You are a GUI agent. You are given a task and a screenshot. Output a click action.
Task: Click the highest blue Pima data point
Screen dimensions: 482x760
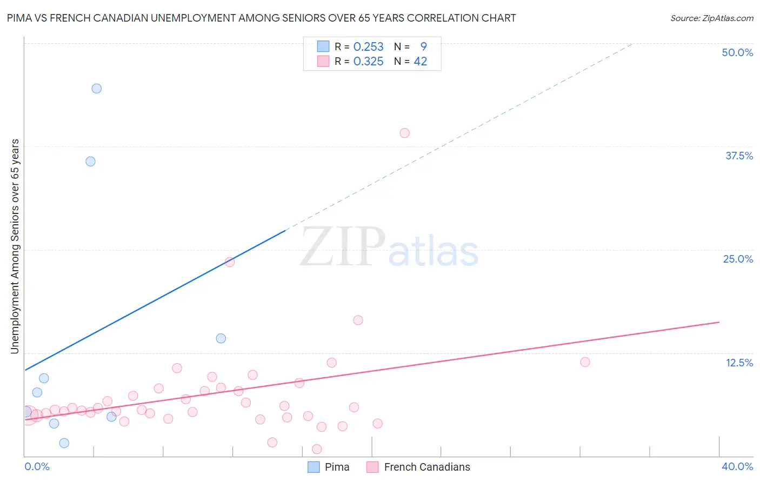tap(97, 89)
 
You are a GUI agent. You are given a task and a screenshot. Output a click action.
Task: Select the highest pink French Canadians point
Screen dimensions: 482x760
tap(405, 133)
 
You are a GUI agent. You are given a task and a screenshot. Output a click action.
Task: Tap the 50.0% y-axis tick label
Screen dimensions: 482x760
tap(737, 52)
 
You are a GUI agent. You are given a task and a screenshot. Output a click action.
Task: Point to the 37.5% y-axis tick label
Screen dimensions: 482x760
tap(739, 156)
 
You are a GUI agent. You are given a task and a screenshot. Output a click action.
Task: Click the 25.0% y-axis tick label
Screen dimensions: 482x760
tap(738, 259)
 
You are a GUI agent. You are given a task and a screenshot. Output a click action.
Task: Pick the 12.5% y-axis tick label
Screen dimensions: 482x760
tap(739, 363)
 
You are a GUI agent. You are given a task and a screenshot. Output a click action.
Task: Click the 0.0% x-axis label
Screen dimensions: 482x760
tap(37, 466)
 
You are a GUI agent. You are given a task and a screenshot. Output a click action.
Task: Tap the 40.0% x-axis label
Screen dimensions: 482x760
tap(737, 466)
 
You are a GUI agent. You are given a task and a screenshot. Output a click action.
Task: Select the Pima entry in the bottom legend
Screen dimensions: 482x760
tap(337, 467)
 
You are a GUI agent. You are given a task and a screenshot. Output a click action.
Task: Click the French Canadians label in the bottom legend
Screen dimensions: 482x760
tap(427, 467)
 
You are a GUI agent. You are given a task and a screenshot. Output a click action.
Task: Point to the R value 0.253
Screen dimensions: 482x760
tap(368, 47)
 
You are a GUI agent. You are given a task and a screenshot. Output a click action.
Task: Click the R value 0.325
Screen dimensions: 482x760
tap(368, 62)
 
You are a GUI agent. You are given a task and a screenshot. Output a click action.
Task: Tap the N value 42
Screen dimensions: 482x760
tap(421, 62)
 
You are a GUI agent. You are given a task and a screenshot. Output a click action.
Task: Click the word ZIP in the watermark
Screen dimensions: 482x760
tap(343, 247)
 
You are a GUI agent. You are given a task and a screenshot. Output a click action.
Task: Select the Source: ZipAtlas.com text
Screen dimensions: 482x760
tap(711, 18)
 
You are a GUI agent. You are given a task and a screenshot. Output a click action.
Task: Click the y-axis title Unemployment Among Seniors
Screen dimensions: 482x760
tap(15, 246)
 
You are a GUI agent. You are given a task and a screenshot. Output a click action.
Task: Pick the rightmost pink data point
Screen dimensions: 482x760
tap(585, 362)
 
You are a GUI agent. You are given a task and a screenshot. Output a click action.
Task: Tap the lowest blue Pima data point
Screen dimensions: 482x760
tap(64, 443)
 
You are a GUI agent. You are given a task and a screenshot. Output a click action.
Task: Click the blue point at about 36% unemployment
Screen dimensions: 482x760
tap(91, 162)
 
